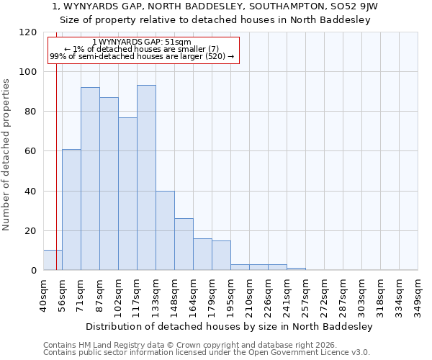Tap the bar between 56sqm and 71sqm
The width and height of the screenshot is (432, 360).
tap(71, 210)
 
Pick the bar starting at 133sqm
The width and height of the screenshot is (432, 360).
tap(165, 230)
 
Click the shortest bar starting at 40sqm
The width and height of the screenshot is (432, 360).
tap(53, 261)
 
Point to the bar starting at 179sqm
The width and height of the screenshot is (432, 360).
tap(221, 256)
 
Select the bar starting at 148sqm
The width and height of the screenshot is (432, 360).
tap(184, 245)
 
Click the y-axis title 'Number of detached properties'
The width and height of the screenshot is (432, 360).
tap(6, 154)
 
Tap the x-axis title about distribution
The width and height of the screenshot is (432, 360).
tap(229, 326)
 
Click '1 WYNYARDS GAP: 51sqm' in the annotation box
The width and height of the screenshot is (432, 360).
tap(142, 42)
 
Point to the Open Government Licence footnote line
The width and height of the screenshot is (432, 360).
tap(207, 352)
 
